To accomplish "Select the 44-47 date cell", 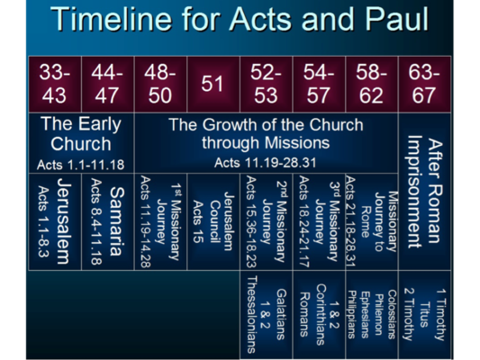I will [107, 83].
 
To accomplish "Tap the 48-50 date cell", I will [160, 83].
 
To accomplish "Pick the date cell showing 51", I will [213, 83].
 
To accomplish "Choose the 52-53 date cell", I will [266, 83].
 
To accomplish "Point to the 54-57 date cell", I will [318, 83].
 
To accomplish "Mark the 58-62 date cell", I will [371, 83].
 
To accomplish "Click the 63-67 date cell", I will [423, 83].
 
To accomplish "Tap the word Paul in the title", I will [388, 20].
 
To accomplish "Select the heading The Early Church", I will [81, 133].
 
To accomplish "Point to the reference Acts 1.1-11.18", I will [81, 165].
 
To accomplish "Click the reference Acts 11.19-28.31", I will [266, 163].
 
